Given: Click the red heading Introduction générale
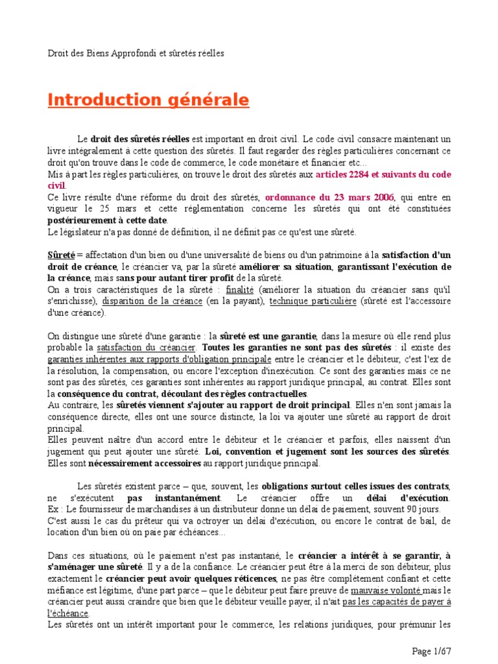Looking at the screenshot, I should point(148,101).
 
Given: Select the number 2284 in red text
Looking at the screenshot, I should point(359,174).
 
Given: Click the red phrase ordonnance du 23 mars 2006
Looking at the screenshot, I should point(329,197).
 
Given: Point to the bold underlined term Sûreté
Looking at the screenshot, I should point(62,255).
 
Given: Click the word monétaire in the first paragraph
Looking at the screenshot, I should point(290,163).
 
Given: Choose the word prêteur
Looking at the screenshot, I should point(147,521).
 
